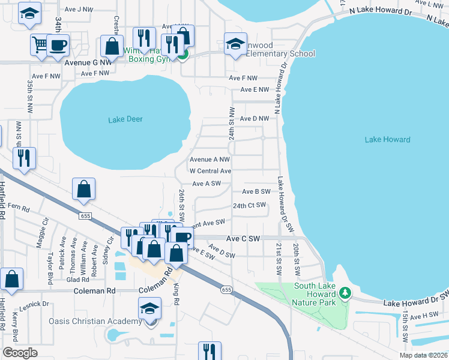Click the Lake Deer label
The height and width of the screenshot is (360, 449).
tap(125, 119)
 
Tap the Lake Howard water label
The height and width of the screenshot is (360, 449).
tap(387, 140)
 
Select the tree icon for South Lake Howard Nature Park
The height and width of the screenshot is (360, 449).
tap(345, 293)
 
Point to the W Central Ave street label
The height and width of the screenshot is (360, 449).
tap(210, 171)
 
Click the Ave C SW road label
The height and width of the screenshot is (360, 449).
tap(243, 238)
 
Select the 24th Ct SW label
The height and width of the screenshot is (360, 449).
tap(249, 205)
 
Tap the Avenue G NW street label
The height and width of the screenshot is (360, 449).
tap(89, 62)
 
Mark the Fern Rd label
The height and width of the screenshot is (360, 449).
tap(19, 209)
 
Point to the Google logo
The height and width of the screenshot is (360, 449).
tap(20, 353)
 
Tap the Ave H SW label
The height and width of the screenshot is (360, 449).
tap(426, 315)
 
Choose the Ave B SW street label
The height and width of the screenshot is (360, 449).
tap(256, 191)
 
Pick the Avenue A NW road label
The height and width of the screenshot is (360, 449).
tap(209, 160)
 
